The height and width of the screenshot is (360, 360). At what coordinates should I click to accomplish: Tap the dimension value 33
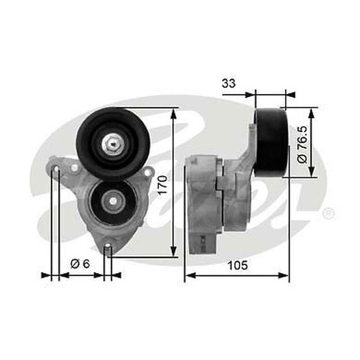(x=229, y=83)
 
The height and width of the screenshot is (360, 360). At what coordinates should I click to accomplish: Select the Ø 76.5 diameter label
(x=303, y=144)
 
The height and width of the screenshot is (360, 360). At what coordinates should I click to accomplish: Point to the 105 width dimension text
(x=237, y=265)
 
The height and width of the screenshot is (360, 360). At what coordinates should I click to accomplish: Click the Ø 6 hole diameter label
(x=80, y=264)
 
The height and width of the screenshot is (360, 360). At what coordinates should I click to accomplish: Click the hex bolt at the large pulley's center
(x=114, y=144)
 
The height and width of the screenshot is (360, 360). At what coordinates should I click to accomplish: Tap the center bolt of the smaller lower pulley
(x=112, y=200)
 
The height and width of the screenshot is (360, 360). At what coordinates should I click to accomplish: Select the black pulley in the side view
(x=272, y=143)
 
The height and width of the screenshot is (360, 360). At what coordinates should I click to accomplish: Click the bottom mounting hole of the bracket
(x=108, y=246)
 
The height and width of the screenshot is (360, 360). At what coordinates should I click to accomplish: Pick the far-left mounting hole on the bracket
(x=57, y=170)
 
